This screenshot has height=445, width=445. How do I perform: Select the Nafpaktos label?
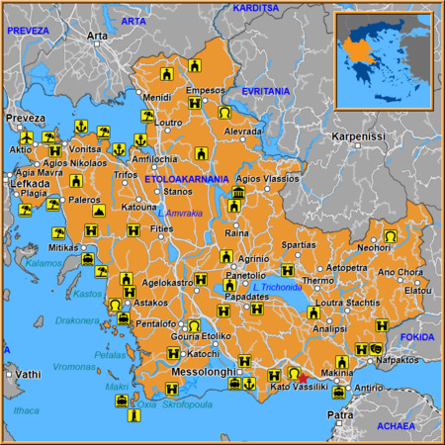click(x=405, y=363)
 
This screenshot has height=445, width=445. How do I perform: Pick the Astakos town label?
click(x=150, y=304)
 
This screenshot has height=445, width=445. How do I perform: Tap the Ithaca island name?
click(x=27, y=410)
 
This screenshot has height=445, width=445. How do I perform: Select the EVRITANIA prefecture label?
click(x=261, y=91)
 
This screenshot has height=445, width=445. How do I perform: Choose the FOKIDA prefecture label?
click(x=417, y=337)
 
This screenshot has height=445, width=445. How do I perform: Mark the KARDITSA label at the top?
click(x=255, y=7)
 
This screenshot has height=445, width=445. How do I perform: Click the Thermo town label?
click(x=318, y=281)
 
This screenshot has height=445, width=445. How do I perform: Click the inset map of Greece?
click(x=383, y=60)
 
